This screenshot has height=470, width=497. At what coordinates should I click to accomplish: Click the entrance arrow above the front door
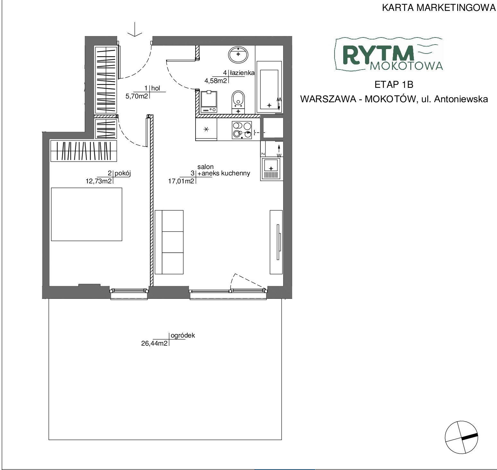click(x=135, y=29)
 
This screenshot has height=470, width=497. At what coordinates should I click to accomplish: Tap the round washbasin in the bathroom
click(x=238, y=54)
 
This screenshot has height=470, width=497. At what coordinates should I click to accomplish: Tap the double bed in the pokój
click(x=87, y=214)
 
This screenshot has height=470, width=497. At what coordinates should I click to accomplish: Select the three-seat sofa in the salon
click(x=169, y=242)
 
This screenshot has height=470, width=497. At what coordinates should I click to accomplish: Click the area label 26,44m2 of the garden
click(x=154, y=344)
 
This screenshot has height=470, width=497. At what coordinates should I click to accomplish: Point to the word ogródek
click(x=183, y=336)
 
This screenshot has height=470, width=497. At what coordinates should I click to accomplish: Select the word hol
click(x=156, y=88)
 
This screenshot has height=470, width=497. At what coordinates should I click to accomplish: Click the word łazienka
click(x=242, y=73)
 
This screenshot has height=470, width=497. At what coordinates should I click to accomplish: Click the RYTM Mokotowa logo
click(x=389, y=55)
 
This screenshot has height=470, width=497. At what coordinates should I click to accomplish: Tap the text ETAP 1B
click(x=394, y=85)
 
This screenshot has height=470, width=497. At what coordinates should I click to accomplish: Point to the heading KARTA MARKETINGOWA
click(x=439, y=8)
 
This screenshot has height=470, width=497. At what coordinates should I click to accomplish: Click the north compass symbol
click(x=461, y=437)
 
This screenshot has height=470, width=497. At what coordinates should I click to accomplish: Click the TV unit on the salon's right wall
click(x=276, y=242)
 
